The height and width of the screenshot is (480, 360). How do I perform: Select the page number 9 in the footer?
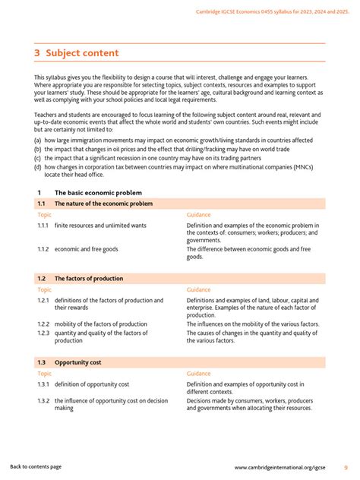pos(346,466)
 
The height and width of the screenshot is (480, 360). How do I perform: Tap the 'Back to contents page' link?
pos(36,466)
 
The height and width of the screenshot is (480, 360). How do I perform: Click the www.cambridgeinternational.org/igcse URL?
pos(283,466)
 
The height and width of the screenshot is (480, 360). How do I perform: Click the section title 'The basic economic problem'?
pos(98,193)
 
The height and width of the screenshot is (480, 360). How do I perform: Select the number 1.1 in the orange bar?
pos(42,204)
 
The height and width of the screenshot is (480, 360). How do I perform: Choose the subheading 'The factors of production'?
pos(88,279)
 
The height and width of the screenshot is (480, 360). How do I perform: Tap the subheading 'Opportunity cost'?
pos(77,362)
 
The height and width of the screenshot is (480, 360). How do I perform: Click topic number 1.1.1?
pos(43,226)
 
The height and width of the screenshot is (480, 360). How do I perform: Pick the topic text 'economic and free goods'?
pos(86,249)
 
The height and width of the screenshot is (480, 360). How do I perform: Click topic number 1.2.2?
pos(43,324)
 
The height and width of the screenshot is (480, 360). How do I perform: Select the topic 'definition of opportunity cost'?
pos(92,384)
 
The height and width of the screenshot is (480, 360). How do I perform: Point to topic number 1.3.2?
pos(43,400)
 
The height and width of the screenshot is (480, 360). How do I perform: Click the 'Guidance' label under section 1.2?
pos(199,289)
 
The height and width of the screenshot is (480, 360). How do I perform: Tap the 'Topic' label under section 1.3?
pos(45,374)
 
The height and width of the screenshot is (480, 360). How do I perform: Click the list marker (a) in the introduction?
pos(38,141)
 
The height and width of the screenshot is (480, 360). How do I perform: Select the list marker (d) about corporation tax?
pos(38,166)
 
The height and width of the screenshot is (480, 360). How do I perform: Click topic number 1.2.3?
pos(43,333)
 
